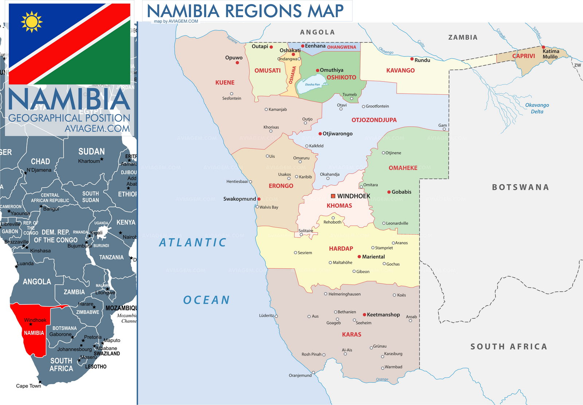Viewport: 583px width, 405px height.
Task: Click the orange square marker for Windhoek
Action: coord(333,196)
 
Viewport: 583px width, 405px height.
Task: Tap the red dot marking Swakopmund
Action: coord(259,199)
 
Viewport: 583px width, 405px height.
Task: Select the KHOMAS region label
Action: coord(339,206)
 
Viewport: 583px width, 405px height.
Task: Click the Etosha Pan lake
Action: coord(311,84)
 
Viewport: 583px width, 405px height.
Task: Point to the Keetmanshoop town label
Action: coord(383,315)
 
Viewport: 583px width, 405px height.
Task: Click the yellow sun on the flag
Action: coord(32,22)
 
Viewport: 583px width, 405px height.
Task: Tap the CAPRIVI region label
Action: coord(524,56)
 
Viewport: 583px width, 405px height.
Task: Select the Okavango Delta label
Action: coord(537,108)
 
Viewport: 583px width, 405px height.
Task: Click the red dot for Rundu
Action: coord(412,59)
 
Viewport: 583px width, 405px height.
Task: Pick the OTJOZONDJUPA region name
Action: coord(374,120)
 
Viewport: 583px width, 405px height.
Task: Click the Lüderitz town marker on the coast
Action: coord(276,316)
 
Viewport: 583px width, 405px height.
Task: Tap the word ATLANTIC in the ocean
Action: coord(193,243)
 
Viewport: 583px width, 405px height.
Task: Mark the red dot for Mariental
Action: coord(359,257)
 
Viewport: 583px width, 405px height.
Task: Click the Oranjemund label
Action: coord(300,375)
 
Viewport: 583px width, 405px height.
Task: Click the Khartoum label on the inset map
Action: coord(89,161)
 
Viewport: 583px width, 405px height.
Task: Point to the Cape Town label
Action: coord(28,386)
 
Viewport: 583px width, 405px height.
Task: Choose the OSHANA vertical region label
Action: coord(292,75)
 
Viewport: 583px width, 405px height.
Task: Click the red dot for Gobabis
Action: coord(389,192)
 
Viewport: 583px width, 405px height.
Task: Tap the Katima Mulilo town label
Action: coord(551,54)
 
